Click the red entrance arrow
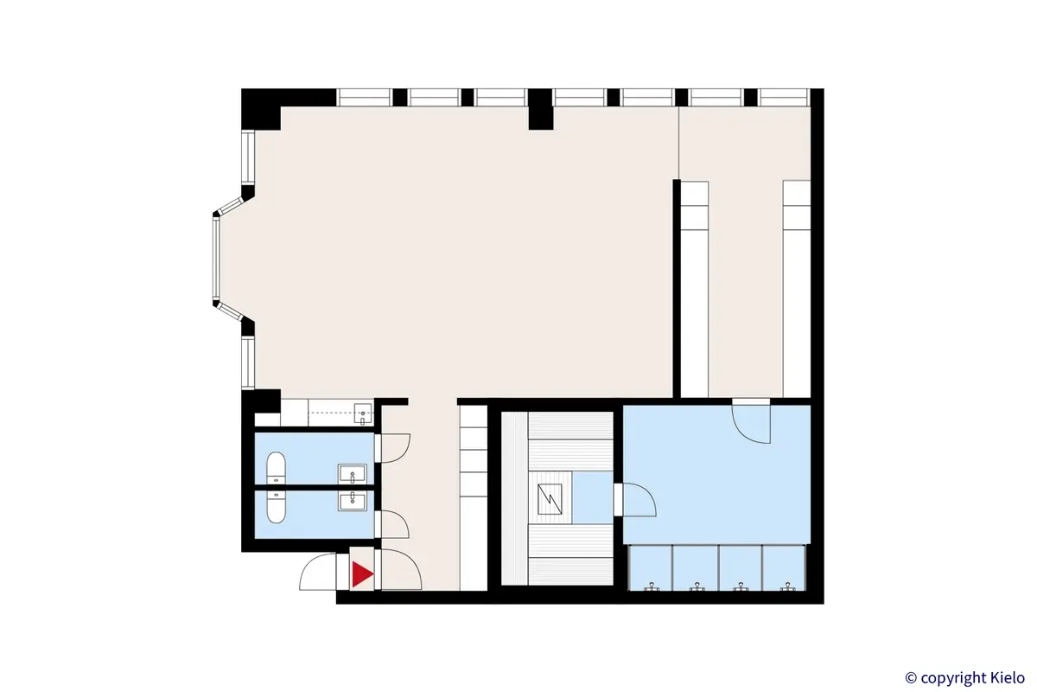point(362,573)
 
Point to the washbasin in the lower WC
point(353,500)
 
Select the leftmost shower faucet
point(652,587)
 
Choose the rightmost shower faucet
point(786,587)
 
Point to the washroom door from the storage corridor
point(750,422)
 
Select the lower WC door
point(395,523)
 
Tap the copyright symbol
point(910,676)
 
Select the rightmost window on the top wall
point(784,97)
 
